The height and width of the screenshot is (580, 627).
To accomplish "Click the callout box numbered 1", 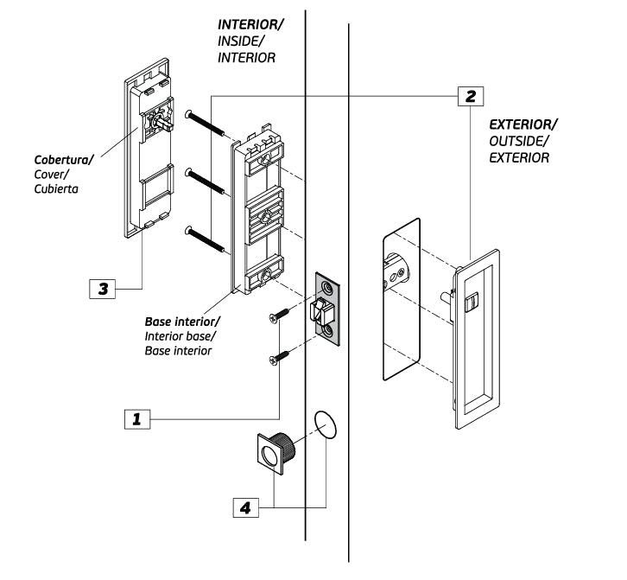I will (137, 419).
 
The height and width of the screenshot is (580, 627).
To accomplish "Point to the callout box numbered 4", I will (247, 507).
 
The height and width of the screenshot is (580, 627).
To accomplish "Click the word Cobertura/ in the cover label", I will (64, 160).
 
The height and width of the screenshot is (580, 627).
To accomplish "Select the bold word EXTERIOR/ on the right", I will (523, 124).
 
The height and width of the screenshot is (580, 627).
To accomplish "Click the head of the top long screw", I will (188, 113).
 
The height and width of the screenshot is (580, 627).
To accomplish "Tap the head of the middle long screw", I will (188, 171).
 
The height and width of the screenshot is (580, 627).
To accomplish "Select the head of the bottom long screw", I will (188, 230).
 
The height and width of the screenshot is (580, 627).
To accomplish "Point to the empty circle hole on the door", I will (324, 426).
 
